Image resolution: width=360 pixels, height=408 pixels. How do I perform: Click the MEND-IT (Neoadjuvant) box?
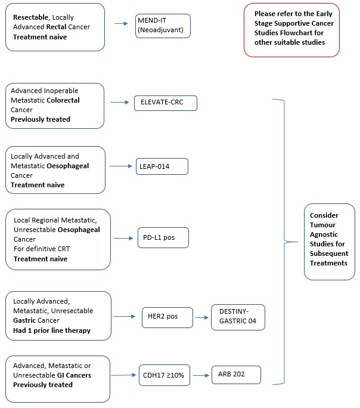pyautogui.click(x=163, y=26)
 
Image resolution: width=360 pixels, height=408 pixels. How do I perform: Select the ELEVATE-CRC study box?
pyautogui.click(x=166, y=103)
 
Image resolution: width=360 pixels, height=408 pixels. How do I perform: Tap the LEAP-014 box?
pyautogui.click(x=162, y=166)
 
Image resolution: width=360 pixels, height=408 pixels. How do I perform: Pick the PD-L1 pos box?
pyautogui.click(x=163, y=237)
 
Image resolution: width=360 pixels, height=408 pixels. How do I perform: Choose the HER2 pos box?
pyautogui.click(x=167, y=317)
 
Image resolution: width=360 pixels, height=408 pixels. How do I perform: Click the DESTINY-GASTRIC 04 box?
pyautogui.click(x=238, y=317)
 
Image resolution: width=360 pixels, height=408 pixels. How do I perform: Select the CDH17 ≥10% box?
pyautogui.click(x=165, y=375)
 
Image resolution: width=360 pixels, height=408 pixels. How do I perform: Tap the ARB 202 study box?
pyautogui.click(x=236, y=375)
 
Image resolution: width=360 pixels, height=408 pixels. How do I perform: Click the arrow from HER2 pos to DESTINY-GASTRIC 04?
pyautogui.click(x=202, y=317)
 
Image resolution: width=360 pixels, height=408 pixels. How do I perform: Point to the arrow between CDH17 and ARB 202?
pyautogui.click(x=201, y=375)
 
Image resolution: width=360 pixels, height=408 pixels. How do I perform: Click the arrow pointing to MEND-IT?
pyautogui.click(x=122, y=23)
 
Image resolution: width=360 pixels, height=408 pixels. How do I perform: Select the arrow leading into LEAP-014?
pyautogui.click(x=121, y=166)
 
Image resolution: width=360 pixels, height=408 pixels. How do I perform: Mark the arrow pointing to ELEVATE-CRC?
pyautogui.click(x=120, y=102)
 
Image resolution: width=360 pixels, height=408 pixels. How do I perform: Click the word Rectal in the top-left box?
pyautogui.click(x=56, y=27)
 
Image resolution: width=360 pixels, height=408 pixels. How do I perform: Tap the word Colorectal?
pyautogui.click(x=63, y=100)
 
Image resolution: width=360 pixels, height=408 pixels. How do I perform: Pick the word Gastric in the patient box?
pyautogui.click(x=24, y=320)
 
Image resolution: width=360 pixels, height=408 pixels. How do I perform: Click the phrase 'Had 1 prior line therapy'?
pyautogui.click(x=52, y=330)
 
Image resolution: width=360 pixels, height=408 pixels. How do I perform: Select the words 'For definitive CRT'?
pyautogui.click(x=42, y=249)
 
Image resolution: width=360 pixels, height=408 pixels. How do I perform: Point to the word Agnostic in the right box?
pyautogui.click(x=324, y=234)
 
